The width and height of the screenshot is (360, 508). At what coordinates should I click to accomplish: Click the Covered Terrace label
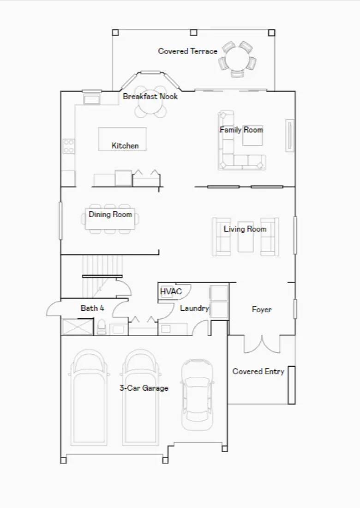(x=187, y=51)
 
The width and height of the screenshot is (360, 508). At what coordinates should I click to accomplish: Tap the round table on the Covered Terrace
(x=237, y=59)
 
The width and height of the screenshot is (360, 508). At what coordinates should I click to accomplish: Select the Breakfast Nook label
(x=150, y=97)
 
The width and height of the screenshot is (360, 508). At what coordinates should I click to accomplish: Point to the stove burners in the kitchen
(x=69, y=146)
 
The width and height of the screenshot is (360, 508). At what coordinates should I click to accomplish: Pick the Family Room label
(x=241, y=130)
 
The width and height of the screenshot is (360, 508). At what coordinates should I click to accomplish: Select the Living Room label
(x=245, y=229)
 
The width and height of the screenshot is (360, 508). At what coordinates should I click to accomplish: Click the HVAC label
(x=171, y=291)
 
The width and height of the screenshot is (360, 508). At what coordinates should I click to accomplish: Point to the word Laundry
(x=194, y=308)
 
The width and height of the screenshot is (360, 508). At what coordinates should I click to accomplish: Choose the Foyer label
(x=261, y=309)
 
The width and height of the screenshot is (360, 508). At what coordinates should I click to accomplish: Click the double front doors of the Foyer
(x=262, y=344)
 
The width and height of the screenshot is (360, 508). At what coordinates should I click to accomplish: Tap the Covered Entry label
(x=258, y=371)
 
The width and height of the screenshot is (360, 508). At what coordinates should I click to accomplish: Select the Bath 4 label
(x=92, y=308)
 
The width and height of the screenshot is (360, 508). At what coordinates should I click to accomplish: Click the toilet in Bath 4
(x=101, y=327)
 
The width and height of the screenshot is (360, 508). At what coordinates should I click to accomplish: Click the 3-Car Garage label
(x=144, y=388)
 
